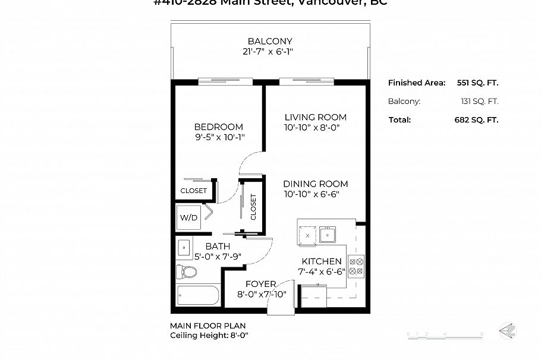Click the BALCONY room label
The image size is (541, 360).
pos(270,42)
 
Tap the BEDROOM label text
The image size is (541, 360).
pos(219,127)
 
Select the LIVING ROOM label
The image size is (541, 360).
pos(315,118)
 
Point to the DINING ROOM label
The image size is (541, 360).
pos(315,184)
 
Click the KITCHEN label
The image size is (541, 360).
pos(321,261)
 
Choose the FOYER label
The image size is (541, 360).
pos(260,285)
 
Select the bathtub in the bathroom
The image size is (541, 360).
pos(199,295)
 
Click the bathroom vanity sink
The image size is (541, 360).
pos(184,247)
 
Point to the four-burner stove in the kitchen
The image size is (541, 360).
pos(356,266)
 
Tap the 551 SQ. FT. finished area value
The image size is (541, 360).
pos(477,83)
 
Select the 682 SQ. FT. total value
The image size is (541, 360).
pos(476,119)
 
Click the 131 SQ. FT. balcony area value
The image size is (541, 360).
pos(480,101)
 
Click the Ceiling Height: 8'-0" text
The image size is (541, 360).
pos(209,336)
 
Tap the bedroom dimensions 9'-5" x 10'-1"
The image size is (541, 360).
pos(219,137)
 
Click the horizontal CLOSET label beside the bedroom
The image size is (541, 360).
pos(194,191)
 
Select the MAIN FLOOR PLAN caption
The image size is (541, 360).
pos(207,326)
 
